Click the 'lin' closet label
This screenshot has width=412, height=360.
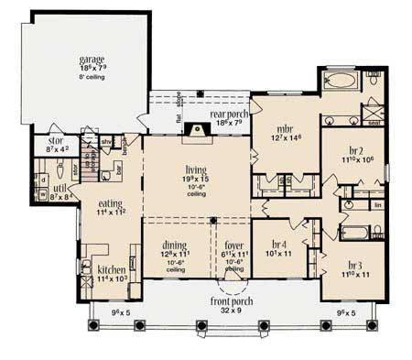(376, 206)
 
